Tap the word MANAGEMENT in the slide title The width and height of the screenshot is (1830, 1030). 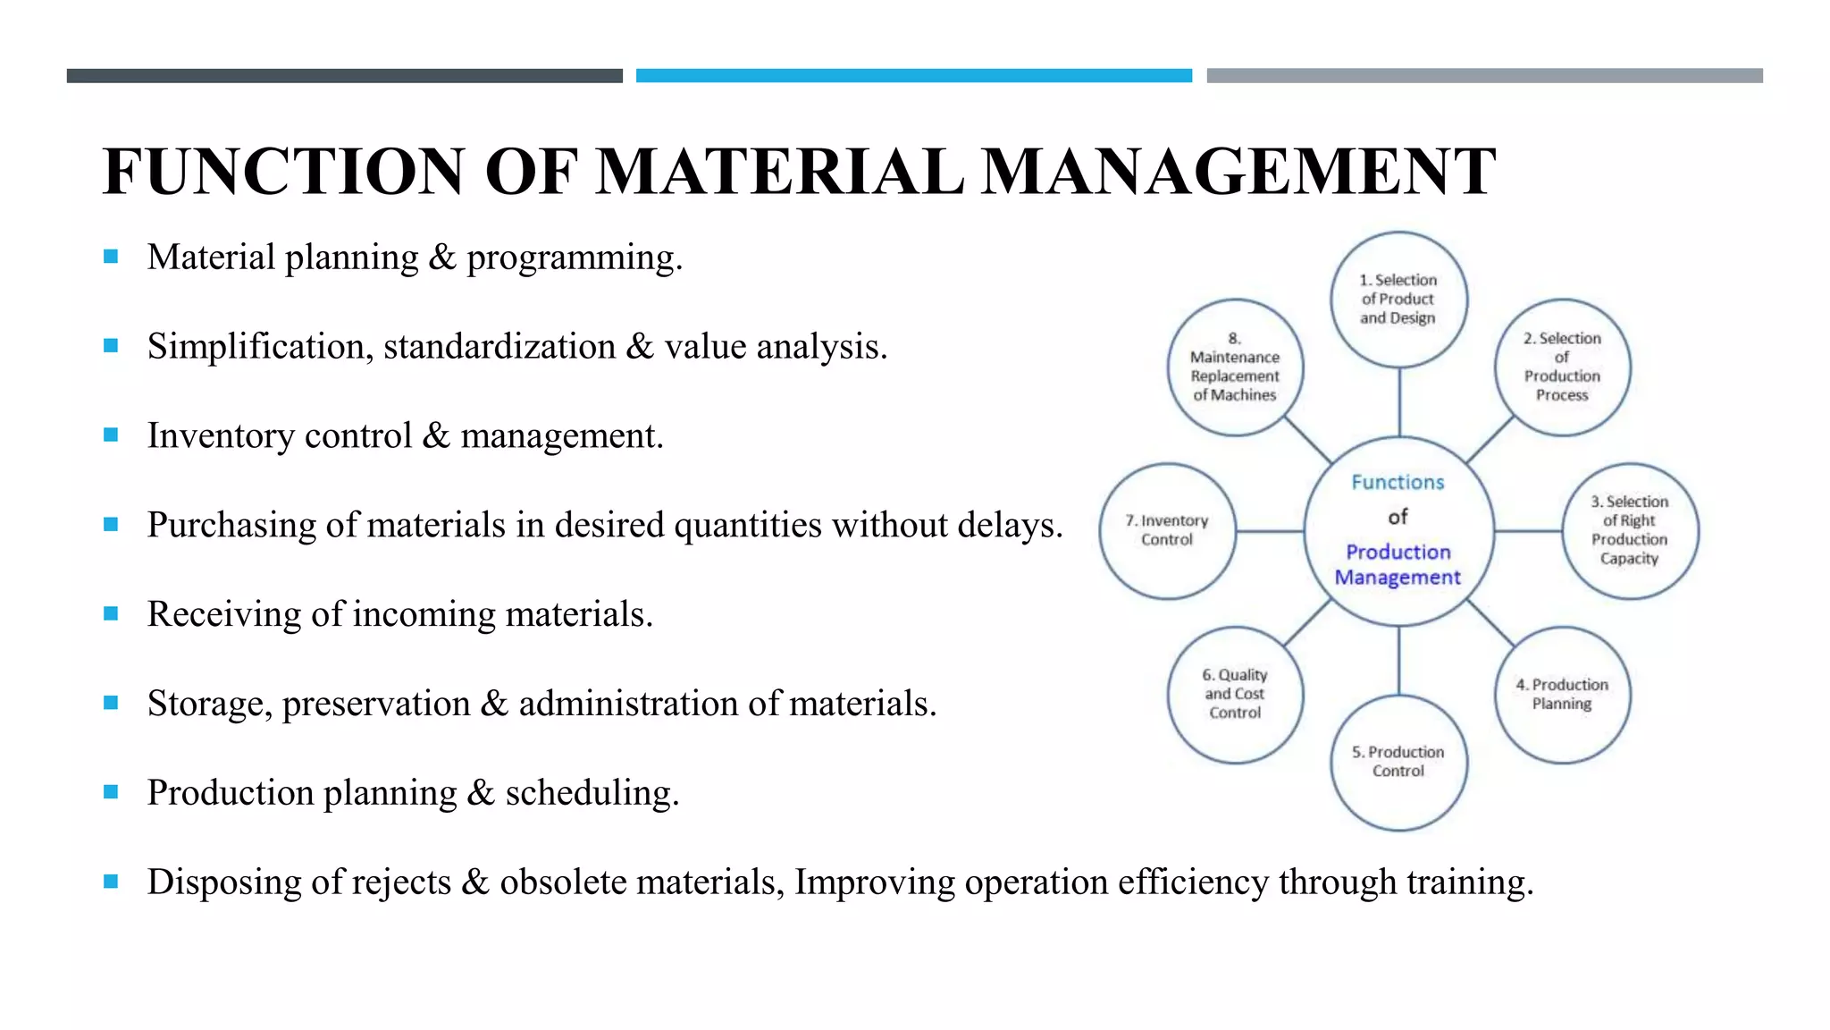click(1238, 171)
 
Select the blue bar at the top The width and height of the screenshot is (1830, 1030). click(913, 76)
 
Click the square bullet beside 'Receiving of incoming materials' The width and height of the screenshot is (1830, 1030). click(111, 613)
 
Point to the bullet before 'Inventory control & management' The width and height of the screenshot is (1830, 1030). click(111, 435)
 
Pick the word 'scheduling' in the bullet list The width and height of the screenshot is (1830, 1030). click(591, 793)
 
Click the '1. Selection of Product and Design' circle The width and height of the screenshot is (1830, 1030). click(1398, 299)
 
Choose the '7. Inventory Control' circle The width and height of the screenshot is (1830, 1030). click(1167, 530)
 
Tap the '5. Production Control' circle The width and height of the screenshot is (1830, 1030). click(1398, 762)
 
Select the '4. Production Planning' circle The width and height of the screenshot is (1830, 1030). click(1562, 695)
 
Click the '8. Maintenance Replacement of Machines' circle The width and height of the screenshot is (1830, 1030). click(1235, 367)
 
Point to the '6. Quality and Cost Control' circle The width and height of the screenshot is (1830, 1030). click(1235, 695)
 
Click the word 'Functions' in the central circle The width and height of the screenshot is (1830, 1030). click(1398, 483)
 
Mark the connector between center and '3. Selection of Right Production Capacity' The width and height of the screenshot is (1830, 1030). click(1528, 531)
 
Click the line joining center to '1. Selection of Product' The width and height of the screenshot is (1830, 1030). click(1399, 402)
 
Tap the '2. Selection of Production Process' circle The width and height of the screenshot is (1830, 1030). click(1562, 367)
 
